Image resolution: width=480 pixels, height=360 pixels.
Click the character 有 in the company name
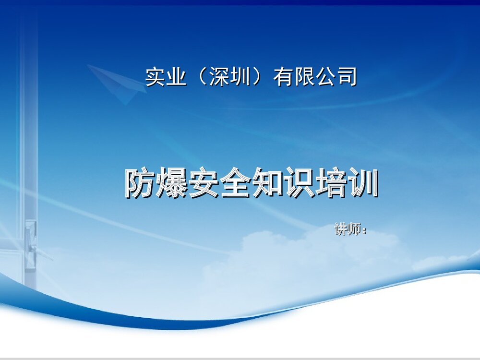pos(283,77)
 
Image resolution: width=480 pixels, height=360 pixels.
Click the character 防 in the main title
pos(140,183)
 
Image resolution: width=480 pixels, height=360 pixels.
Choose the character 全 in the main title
pos(235,183)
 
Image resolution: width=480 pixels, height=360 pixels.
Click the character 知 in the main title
pos(267,183)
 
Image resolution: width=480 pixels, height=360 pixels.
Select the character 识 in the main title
pos(299,183)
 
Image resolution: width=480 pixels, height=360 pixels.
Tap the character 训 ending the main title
pos(362,183)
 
